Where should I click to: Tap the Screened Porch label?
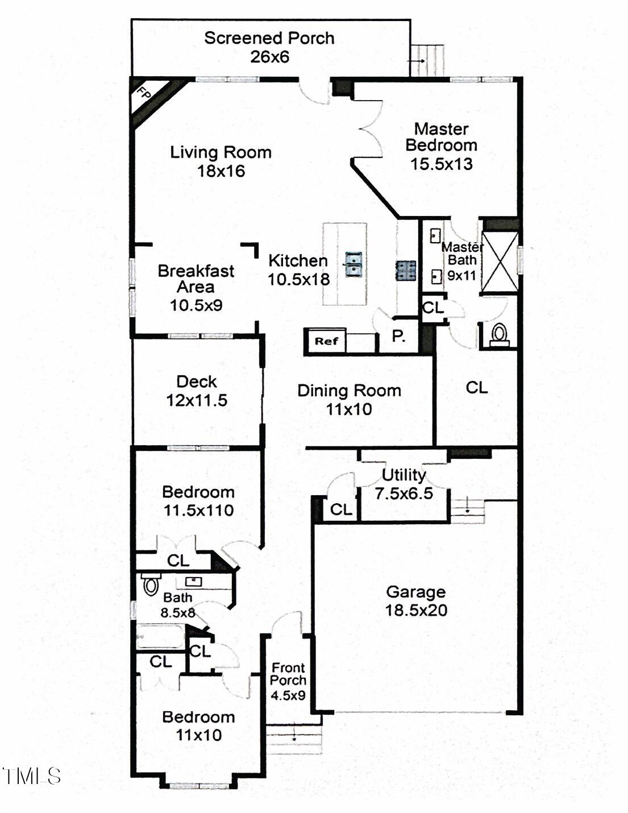269,38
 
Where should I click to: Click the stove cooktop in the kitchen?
406,271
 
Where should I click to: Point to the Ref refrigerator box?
326,341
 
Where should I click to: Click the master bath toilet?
499,334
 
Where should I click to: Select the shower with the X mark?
500,262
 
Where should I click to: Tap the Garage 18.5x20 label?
416,601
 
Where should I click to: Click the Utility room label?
404,475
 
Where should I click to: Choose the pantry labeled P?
399,336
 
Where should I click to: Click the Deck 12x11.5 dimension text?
197,400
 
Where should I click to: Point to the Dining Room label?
349,391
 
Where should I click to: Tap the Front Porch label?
288,674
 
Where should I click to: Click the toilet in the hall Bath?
150,584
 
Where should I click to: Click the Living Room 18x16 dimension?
221,171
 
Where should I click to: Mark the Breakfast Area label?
196,279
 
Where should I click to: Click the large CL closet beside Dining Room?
476,388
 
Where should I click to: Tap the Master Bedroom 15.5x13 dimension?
442,164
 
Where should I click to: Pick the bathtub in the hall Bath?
160,636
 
